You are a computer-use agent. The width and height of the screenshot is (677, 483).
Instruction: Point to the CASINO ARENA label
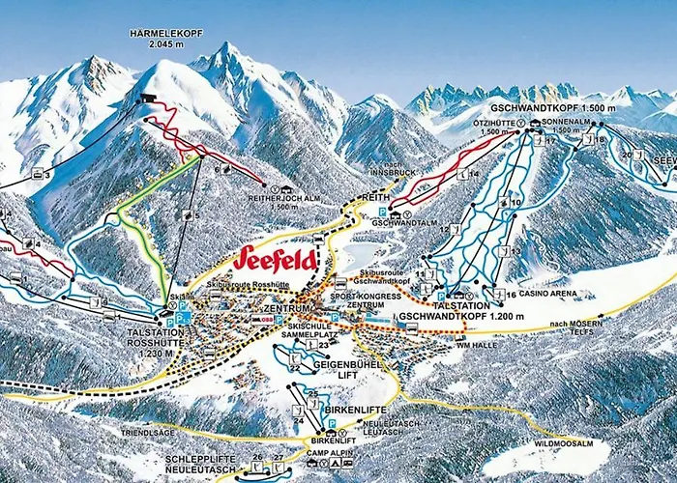point(548,294)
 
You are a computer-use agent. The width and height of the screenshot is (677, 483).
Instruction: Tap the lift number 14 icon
point(475,174)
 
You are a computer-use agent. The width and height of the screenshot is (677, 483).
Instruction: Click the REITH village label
point(375,196)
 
